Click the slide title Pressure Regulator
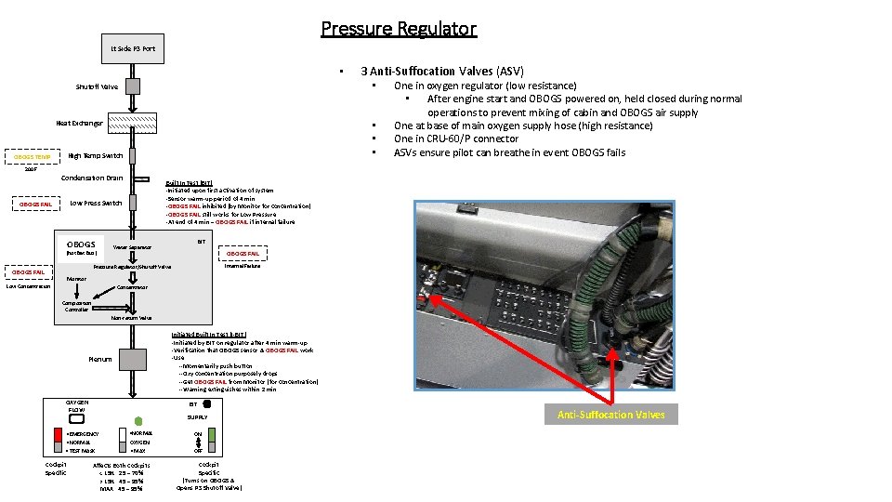click(x=399, y=29)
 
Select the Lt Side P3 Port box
click(x=133, y=48)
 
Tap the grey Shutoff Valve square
click(x=133, y=87)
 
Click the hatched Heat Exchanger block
click(x=132, y=123)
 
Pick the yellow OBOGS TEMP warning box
click(x=31, y=156)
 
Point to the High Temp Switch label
click(x=96, y=155)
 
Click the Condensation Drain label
click(x=91, y=178)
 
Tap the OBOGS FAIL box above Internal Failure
click(x=243, y=253)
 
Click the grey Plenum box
click(x=133, y=359)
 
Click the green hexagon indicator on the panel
click(x=138, y=420)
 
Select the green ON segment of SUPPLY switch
click(x=212, y=435)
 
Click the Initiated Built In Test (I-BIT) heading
click(x=208, y=335)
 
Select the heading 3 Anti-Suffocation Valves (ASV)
click(x=441, y=71)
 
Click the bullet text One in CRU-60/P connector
click(x=455, y=139)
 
